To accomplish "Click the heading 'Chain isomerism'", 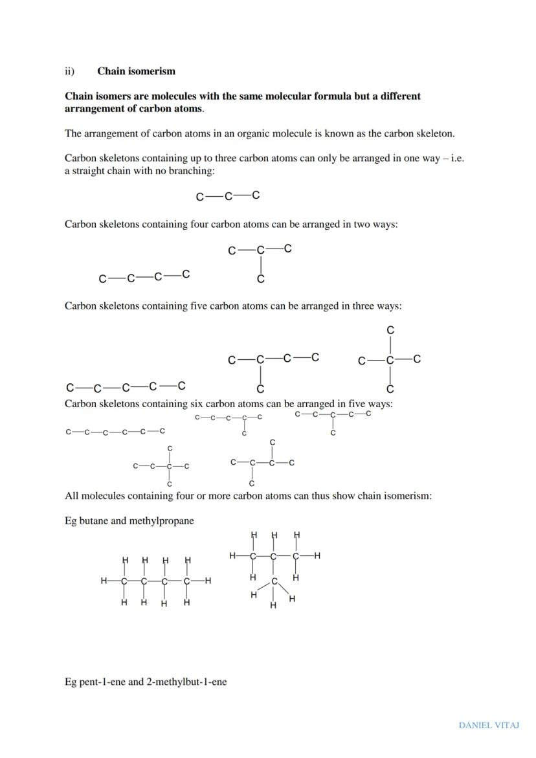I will click(136, 71).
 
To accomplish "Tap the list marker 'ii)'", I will click(69, 71).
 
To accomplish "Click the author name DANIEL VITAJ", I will click(489, 725).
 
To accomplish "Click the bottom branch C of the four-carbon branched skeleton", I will click(260, 280).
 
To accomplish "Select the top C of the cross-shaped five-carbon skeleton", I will click(390, 330).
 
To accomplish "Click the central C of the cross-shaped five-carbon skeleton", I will click(390, 360).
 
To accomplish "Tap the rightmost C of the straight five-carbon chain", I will click(182, 386).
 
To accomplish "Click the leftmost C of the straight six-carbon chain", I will click(68, 431).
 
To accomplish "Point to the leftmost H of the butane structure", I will click(104, 581).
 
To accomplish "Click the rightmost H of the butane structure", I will click(208, 581).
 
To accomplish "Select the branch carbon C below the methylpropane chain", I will click(274, 581).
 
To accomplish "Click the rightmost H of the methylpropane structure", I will click(317, 555).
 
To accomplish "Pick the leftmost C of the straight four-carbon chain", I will click(102, 279).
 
